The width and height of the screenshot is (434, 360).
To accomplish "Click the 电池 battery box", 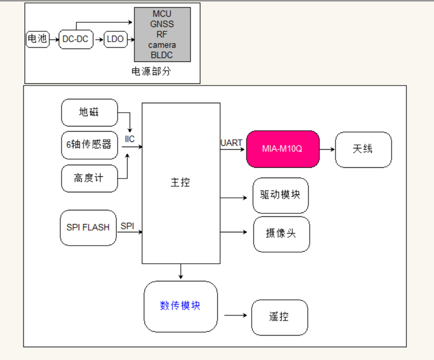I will coord(37,39).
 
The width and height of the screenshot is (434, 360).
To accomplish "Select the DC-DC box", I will coord(75,39).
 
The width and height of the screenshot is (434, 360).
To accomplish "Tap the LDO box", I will coord(115,39).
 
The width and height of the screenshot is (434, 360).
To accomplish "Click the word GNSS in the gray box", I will coord(162,24).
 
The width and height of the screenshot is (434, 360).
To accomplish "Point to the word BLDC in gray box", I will coord(162,55).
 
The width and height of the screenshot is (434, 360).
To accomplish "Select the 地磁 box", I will coord(89,113).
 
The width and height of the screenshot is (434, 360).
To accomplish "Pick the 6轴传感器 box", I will coord(89,145).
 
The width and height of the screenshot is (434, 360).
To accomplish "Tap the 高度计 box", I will coord(89,178).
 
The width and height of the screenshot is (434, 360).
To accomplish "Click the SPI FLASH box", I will coord(88,228).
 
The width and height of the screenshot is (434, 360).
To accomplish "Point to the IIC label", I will coord(130,139).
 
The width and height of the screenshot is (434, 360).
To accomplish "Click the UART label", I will coord(231,143).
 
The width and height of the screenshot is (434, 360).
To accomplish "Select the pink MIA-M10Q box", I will coord(283,149).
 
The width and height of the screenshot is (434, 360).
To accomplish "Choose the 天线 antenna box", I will coord(363,149).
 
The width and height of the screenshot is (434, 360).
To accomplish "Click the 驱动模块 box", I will coord(280,195).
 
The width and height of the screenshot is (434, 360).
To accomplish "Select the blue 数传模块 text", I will coord(180,306).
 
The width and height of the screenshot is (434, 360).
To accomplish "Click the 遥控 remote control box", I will coord(279,317).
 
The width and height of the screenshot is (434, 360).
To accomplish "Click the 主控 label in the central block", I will coord(180,183).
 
